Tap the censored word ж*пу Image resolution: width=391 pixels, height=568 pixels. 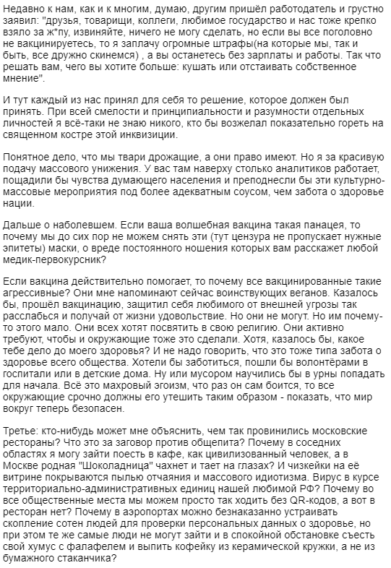pyautogui.click(x=67, y=34)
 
